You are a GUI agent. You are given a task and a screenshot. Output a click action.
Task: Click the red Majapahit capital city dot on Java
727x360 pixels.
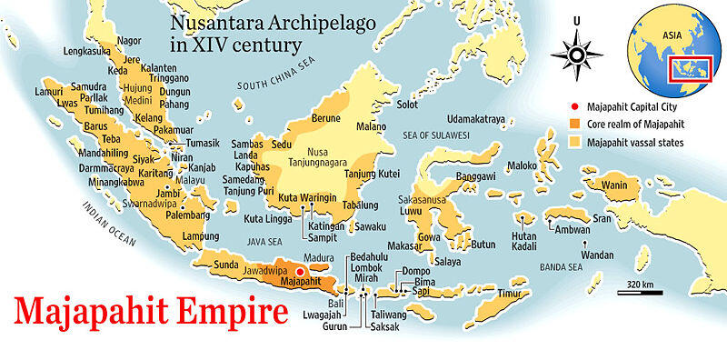300,271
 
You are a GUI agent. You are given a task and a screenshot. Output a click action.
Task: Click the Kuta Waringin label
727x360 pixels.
307,196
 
